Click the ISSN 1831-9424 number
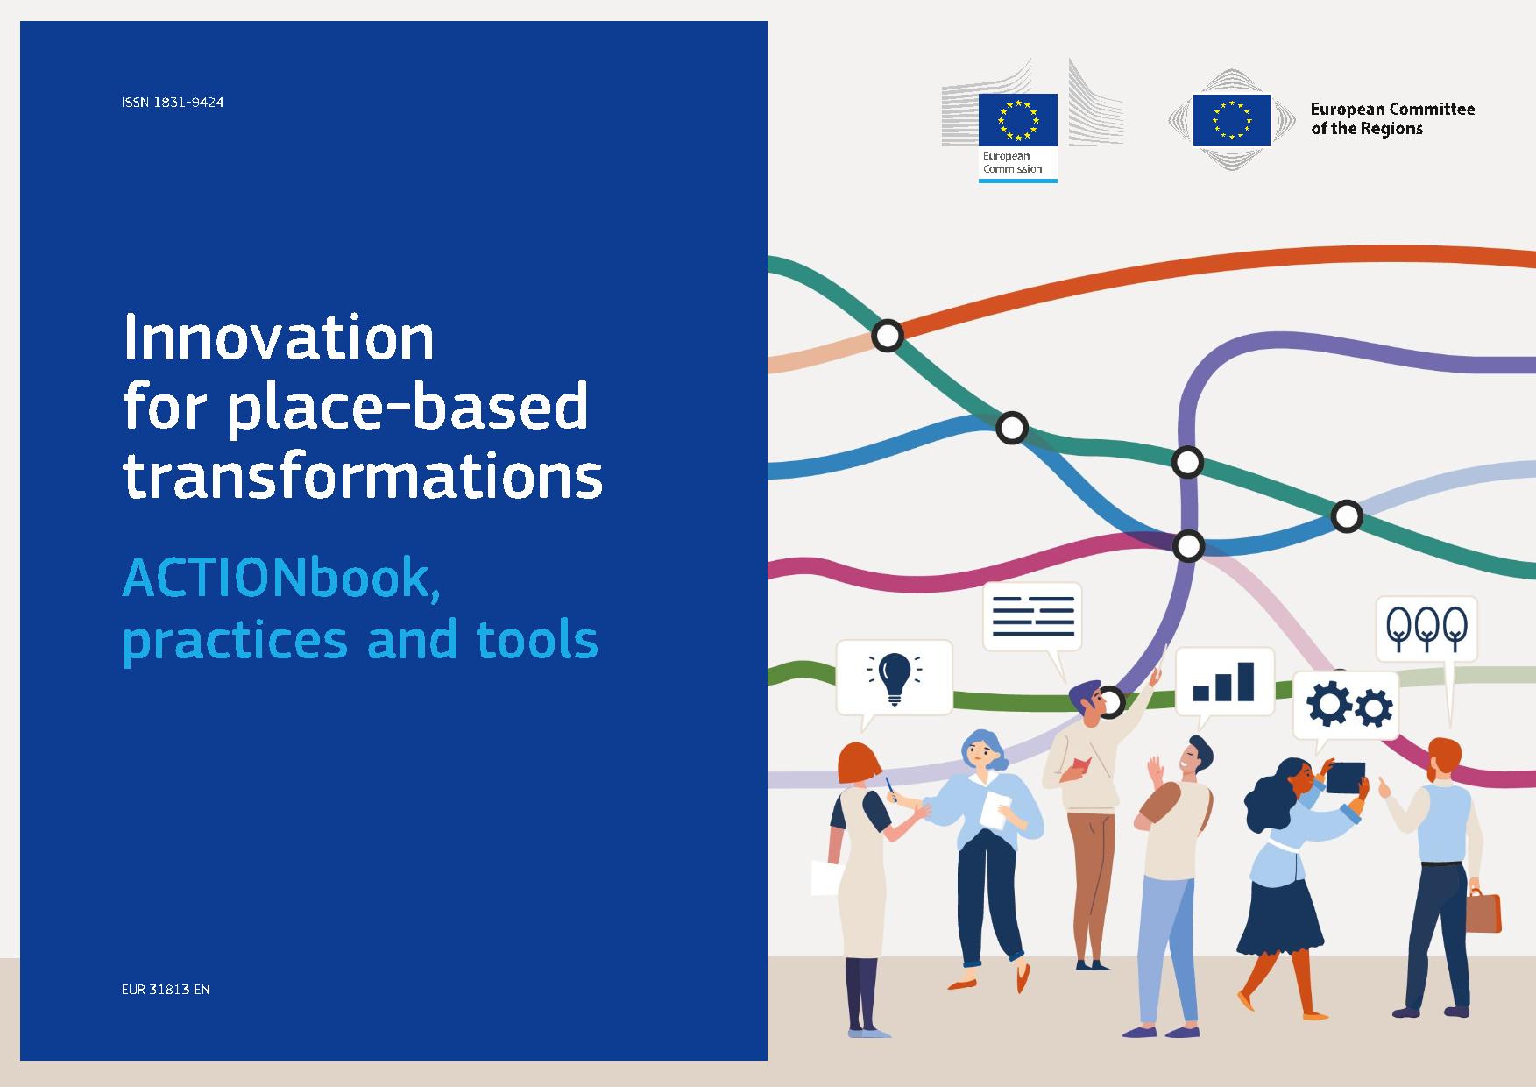coord(173,103)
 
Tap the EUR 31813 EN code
coord(166,990)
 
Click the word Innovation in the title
coord(279,337)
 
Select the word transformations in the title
coord(363,476)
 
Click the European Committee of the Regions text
coord(1392,119)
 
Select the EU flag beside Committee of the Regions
coord(1232,119)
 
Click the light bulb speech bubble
coord(894,679)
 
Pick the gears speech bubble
coord(1346,707)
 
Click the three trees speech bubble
coord(1426,629)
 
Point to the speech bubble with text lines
coord(1032,617)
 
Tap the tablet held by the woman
coord(1345,776)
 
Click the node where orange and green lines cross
coord(888,335)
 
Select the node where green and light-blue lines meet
coord(1347,516)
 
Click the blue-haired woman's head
coord(985,750)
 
